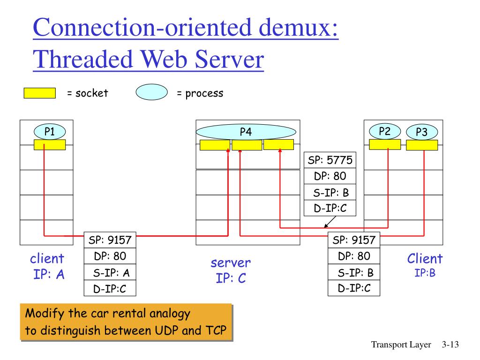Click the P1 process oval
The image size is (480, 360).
click(x=50, y=132)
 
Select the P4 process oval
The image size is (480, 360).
click(x=246, y=132)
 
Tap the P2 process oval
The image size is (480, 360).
click(x=385, y=131)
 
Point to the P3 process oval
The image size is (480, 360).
click(x=421, y=133)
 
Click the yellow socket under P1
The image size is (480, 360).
click(x=50, y=145)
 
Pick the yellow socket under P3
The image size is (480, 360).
click(x=421, y=145)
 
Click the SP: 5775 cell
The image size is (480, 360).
click(x=330, y=160)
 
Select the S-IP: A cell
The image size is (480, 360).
click(x=110, y=273)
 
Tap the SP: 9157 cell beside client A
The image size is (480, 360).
click(x=110, y=240)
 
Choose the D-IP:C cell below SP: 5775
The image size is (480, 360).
click(x=330, y=208)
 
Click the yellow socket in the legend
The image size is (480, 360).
click(x=39, y=93)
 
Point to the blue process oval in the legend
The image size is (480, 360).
click(x=151, y=93)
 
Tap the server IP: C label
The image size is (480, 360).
click(x=231, y=270)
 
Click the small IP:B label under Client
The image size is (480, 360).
click(x=425, y=273)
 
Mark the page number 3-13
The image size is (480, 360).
click(x=450, y=345)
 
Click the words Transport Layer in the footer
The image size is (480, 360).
click(x=401, y=345)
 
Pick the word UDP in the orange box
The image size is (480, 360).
click(x=166, y=330)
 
